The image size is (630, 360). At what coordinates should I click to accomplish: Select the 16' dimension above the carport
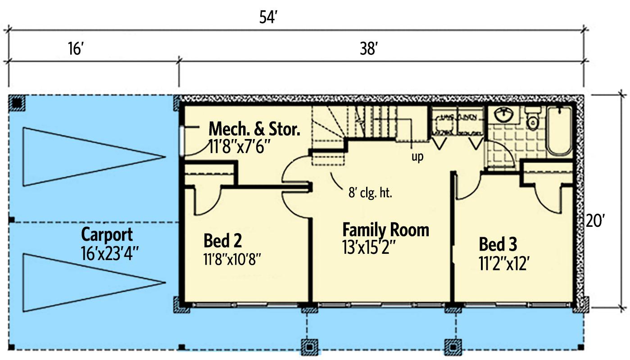pyautogui.click(x=75, y=49)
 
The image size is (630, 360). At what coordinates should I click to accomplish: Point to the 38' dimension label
pyautogui.click(x=368, y=49)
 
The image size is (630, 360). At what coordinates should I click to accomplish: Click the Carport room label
pyautogui.click(x=107, y=234)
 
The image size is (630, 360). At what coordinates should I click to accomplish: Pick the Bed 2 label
pyautogui.click(x=222, y=240)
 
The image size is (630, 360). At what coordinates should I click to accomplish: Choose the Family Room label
pyautogui.click(x=385, y=230)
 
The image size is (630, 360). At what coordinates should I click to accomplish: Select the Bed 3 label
pyautogui.click(x=498, y=245)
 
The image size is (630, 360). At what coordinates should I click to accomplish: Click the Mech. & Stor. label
pyautogui.click(x=254, y=130)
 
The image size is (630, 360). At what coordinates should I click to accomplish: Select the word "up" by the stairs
pyautogui.click(x=417, y=158)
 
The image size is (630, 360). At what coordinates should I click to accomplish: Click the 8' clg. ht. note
pyautogui.click(x=371, y=194)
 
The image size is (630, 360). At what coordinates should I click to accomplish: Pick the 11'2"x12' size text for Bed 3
pyautogui.click(x=504, y=263)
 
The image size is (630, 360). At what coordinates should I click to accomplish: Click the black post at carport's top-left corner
pyautogui.click(x=17, y=103)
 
